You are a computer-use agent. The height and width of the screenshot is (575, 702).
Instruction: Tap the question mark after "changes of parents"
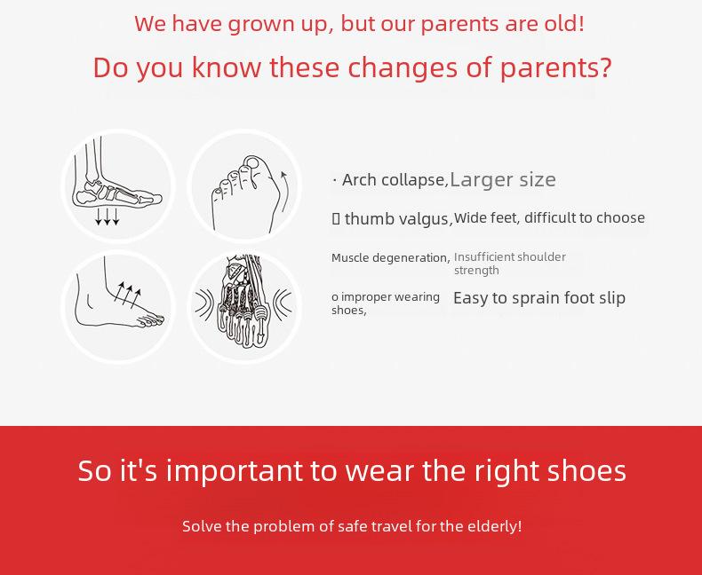coord(605,67)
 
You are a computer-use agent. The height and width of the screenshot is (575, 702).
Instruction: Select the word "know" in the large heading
coord(227,67)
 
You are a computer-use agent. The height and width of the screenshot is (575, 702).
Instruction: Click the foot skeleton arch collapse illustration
coord(117,185)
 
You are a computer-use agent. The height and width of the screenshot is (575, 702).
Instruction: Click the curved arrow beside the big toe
coord(283,193)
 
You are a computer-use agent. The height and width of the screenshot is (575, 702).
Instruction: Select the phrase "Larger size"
coord(503,180)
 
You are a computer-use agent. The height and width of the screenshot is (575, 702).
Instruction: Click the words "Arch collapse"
coord(394,180)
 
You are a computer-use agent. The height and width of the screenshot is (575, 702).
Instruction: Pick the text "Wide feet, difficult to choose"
coord(549,217)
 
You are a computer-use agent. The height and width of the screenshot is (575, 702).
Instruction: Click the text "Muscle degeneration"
coord(389,258)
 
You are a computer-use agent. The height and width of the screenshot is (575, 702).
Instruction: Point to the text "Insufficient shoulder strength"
coord(510,264)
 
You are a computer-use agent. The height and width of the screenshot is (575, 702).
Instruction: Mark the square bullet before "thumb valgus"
coord(336,218)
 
